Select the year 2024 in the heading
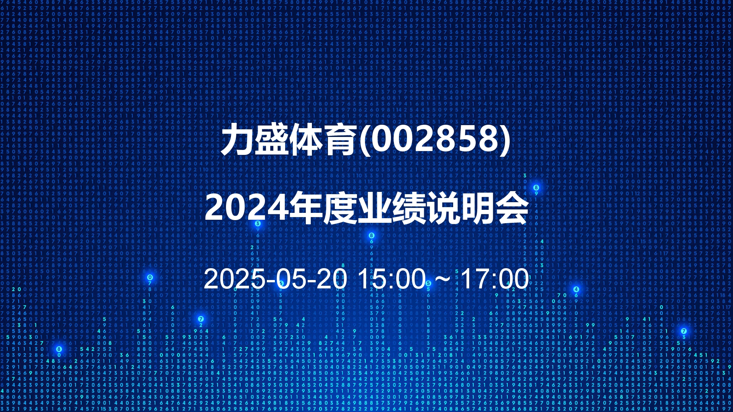click(247, 208)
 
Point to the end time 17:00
click(495, 279)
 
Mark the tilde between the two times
click(443, 279)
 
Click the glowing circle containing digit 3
click(258, 224)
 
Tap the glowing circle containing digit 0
click(150, 277)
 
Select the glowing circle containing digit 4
click(576, 289)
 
